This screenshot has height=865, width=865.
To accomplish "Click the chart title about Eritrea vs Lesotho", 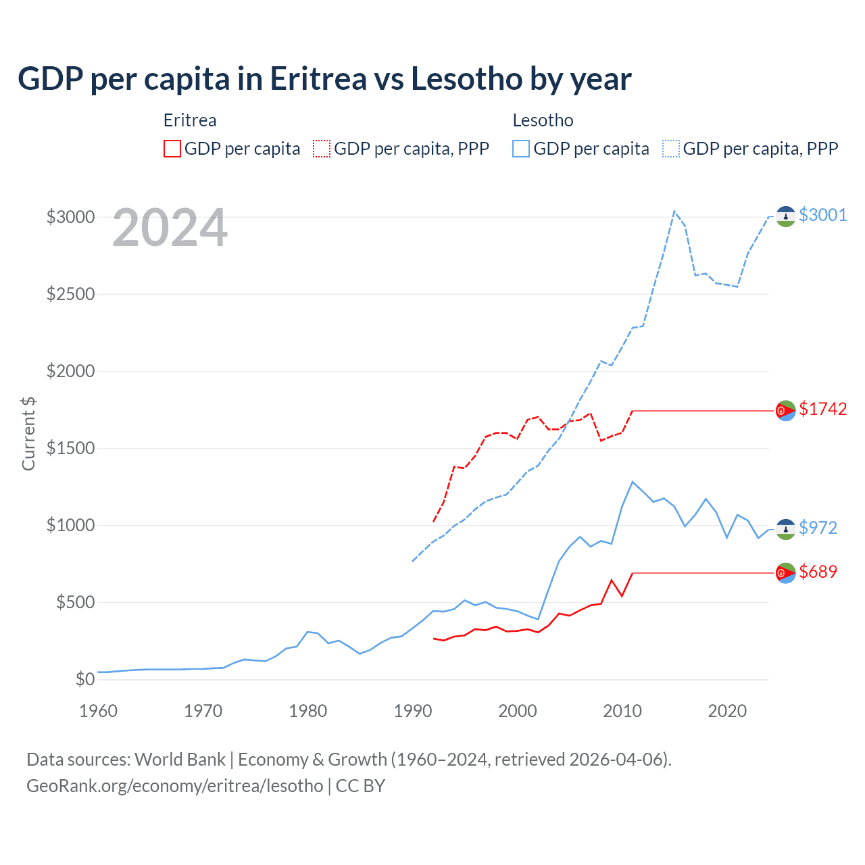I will [324, 79].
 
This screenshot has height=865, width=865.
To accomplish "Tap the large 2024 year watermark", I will [170, 228].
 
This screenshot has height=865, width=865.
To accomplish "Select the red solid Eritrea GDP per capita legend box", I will [172, 149].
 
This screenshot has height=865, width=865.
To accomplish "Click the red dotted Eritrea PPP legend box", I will [322, 149].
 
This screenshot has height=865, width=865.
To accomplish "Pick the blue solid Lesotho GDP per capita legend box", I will [521, 149].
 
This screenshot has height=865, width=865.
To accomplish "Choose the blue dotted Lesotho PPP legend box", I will [671, 149].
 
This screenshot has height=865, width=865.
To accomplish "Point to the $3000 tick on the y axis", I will [70, 217].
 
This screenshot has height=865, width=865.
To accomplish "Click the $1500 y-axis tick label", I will [70, 448].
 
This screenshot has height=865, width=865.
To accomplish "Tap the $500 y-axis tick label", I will [75, 602].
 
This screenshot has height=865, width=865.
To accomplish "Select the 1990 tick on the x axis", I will [412, 711].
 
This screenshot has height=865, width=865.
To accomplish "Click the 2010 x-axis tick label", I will [622, 711].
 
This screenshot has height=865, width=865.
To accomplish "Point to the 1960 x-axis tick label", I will [99, 711].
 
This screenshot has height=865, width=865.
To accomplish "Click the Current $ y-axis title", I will [28, 433].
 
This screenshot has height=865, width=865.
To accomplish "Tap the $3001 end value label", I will [822, 215].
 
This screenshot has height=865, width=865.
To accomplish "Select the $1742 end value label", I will [822, 409].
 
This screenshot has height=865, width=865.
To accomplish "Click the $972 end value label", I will [818, 528].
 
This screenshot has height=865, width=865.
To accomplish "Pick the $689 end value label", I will [818, 572].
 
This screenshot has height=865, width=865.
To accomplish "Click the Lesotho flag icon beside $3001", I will [785, 216].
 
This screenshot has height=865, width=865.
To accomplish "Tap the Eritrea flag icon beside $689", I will [785, 573].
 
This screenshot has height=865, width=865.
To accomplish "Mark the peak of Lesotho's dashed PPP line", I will [674, 211].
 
